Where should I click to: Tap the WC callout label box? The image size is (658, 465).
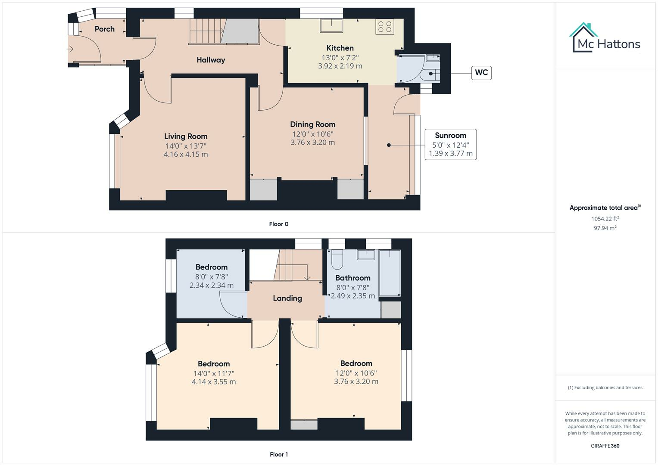tap(481, 72)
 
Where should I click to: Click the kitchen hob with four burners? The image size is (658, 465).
tap(384, 27)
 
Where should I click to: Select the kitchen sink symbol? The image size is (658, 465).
tap(331, 26)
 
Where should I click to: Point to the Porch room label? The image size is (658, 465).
tap(105, 29)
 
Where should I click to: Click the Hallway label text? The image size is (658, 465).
tap(211, 60)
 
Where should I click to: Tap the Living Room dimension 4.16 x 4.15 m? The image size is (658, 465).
tap(186, 154)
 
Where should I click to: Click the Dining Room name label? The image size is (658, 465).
tap(312, 124)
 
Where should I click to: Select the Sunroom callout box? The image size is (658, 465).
tap(450, 144)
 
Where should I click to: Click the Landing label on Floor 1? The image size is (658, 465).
tap(287, 298)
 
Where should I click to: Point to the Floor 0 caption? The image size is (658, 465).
tap(278, 224)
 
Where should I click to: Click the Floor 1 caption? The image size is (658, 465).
tap(278, 454)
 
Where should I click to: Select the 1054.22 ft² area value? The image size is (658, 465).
tap(605, 218)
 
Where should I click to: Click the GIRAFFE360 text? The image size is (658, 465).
tap(605, 446)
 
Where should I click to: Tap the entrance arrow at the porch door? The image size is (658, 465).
tap(70, 49)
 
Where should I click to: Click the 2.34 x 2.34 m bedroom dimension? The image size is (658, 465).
tap(211, 285)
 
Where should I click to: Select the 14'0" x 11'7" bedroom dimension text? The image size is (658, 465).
tap(213, 373)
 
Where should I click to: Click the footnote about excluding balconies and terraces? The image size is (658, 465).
tap(605, 387)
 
